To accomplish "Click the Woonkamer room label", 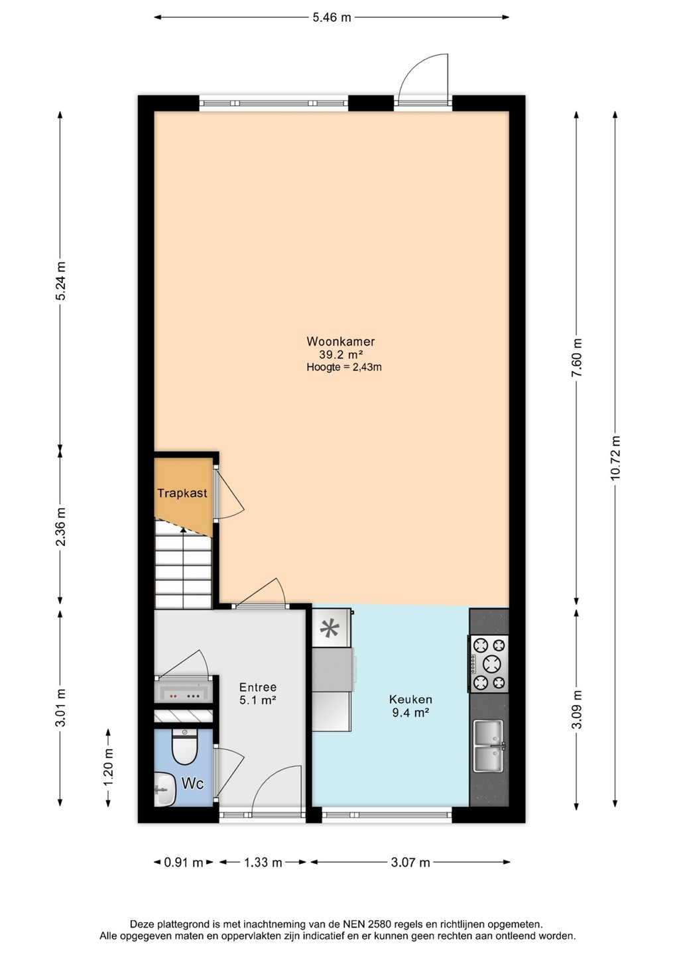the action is [340, 341].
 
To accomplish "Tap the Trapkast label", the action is [182, 493].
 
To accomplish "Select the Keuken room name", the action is [410, 699].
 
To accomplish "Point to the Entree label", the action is [258, 687].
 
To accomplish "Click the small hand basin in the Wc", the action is [164, 789].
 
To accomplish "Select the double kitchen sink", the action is [489, 746].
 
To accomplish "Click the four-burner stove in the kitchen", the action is [489, 664].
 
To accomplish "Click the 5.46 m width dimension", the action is [332, 17].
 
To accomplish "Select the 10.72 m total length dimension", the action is [615, 458].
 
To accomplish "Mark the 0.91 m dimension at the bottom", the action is [184, 863].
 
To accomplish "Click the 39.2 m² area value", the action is [341, 354].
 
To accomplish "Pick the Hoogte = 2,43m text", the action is [344, 367].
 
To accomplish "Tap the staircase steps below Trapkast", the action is [183, 564].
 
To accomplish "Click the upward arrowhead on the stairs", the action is [183, 530].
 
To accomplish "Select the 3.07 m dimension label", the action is [410, 863].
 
